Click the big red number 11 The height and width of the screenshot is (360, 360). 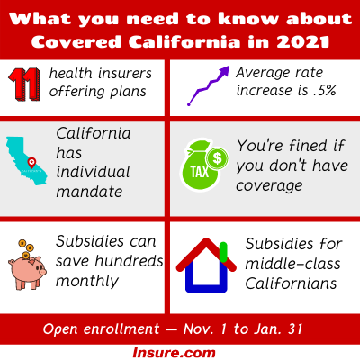24,85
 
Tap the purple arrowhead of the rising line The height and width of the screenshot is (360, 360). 224,71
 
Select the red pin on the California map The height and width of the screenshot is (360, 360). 31,163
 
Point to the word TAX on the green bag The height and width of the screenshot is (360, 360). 200,172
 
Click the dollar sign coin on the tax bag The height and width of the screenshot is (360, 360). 217,158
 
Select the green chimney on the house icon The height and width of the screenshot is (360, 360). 223,252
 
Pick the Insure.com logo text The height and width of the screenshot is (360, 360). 174,353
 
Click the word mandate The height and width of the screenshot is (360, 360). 89,192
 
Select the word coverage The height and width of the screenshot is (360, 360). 269,186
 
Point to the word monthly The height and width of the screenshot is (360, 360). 87,282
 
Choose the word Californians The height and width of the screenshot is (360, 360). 291,283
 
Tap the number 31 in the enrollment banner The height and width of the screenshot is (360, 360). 294,328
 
